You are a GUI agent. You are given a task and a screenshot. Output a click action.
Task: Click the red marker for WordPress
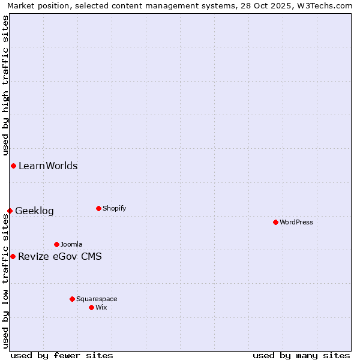pos(275,222)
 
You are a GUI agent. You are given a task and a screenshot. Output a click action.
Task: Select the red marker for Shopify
pos(98,208)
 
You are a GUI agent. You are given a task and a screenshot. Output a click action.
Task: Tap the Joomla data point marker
pos(56,244)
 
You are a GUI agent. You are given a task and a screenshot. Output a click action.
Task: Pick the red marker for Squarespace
pos(72,299)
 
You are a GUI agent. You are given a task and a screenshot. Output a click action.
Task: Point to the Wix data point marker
pos(91,307)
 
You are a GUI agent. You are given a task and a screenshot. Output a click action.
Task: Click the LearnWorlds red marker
pos(13,166)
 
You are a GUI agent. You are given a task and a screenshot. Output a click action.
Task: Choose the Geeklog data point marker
pos(10,211)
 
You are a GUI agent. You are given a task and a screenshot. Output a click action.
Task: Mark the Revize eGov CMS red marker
pos(13,256)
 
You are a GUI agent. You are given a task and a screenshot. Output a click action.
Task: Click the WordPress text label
pos(296,222)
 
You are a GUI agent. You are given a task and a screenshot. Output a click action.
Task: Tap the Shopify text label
pos(114,208)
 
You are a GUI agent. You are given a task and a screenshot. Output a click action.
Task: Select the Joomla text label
pos(71,244)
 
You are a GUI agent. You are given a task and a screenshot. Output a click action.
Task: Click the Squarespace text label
pos(97,299)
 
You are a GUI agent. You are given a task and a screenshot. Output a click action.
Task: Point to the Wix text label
pos(101,307)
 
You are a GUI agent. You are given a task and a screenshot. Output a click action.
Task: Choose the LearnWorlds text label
pos(48,166)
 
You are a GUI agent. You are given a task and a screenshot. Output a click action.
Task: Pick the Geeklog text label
pos(34,211)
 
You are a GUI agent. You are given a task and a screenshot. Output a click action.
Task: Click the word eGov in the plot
pos(61,257)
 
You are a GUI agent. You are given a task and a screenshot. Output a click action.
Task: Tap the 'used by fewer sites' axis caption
pos(62,355)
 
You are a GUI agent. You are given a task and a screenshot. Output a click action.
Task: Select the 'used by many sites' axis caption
pos(301,355)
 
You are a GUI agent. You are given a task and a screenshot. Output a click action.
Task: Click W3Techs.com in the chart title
pos(324,5)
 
